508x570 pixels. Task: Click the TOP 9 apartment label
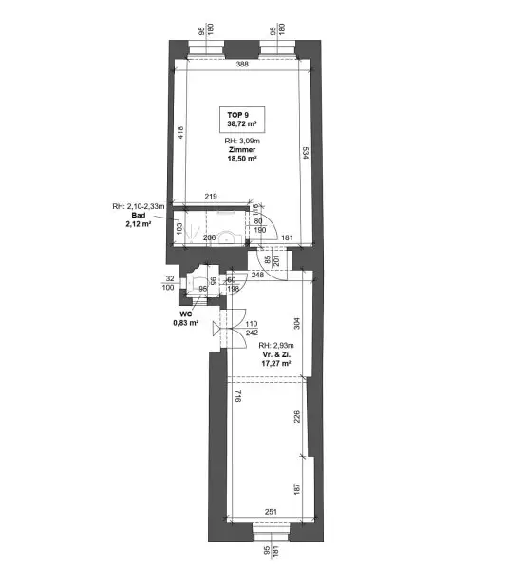coord(238,114)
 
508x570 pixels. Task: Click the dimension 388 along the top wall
coord(242,65)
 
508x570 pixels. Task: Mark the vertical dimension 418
coord(179,134)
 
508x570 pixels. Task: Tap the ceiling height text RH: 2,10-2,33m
coord(139,206)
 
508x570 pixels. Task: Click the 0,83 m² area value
coord(186,323)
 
